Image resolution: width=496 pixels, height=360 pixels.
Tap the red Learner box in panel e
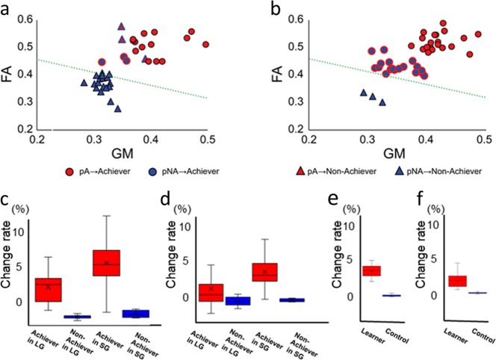(x=371, y=271)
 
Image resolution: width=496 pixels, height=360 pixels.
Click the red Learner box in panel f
(x=458, y=281)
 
